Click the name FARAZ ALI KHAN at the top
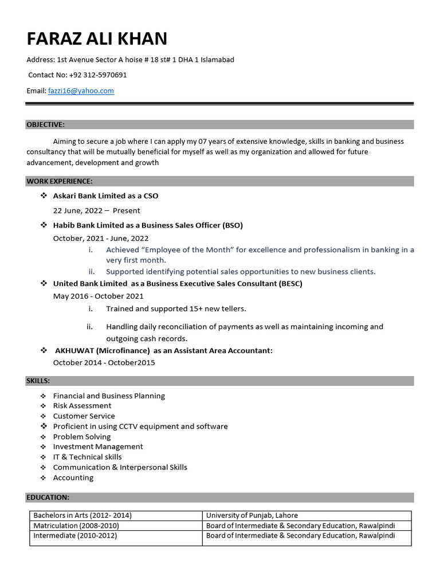click(97, 39)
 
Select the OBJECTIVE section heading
click(46, 124)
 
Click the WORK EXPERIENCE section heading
click(60, 181)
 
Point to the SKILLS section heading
click(38, 381)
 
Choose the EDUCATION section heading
click(48, 497)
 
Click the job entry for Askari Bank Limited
click(105, 196)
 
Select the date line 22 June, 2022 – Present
click(96, 210)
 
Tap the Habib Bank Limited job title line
click(148, 225)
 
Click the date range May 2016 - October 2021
click(99, 296)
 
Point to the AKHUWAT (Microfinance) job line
click(163, 350)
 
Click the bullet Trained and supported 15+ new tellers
click(176, 308)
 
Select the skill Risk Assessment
click(82, 406)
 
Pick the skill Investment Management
click(98, 447)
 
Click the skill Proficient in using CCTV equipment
click(140, 426)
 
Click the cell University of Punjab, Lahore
click(252, 515)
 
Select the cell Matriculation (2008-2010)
click(76, 526)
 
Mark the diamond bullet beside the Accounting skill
click(43, 478)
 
